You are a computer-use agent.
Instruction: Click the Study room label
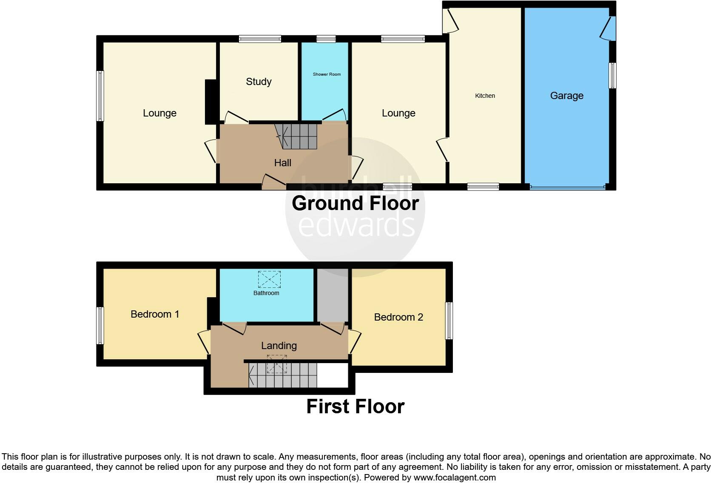pyautogui.click(x=259, y=82)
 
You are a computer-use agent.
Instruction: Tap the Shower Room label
pyautogui.click(x=327, y=74)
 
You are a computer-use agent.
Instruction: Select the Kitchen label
pyautogui.click(x=485, y=96)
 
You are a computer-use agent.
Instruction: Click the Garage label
pyautogui.click(x=566, y=96)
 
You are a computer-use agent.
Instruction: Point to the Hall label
pyautogui.click(x=282, y=163)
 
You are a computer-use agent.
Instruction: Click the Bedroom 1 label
pyautogui.click(x=155, y=314)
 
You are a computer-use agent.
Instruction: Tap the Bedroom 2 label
pyautogui.click(x=398, y=317)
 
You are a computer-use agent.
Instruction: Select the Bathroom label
pyautogui.click(x=266, y=293)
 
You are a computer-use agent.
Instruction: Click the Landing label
pyautogui.click(x=279, y=346)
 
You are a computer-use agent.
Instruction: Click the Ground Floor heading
pyautogui.click(x=355, y=203)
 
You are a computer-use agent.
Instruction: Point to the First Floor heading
pyautogui.click(x=355, y=406)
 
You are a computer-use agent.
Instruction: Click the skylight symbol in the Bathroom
pyautogui.click(x=269, y=279)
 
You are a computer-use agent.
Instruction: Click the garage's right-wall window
pyautogui.click(x=612, y=75)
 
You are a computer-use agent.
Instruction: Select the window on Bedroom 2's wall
pyautogui.click(x=449, y=321)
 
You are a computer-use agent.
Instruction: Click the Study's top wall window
pyautogui.click(x=260, y=39)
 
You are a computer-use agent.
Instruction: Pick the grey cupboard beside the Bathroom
pyautogui.click(x=333, y=295)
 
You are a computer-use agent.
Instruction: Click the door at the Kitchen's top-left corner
pyautogui.click(x=450, y=21)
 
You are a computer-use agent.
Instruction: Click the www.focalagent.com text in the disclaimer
pyautogui.click(x=455, y=477)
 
